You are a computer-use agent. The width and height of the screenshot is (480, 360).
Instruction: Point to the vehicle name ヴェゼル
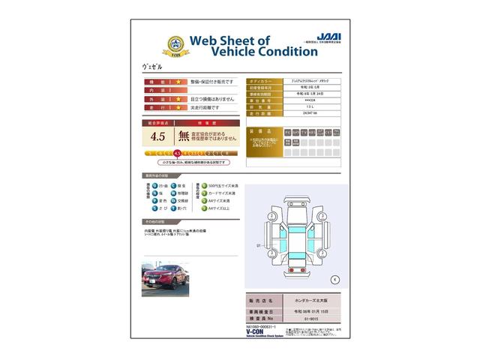(151, 67)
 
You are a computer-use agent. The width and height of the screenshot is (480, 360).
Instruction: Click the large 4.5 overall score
(157, 136)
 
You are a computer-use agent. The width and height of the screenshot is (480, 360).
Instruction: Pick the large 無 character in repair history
(184, 136)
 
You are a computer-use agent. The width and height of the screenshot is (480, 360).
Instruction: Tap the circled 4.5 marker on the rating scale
(177, 153)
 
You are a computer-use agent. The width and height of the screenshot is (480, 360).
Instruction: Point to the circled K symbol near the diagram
(335, 279)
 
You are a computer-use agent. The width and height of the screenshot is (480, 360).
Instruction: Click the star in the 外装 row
(178, 97)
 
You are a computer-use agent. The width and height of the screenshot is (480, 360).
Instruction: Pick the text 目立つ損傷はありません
(211, 97)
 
